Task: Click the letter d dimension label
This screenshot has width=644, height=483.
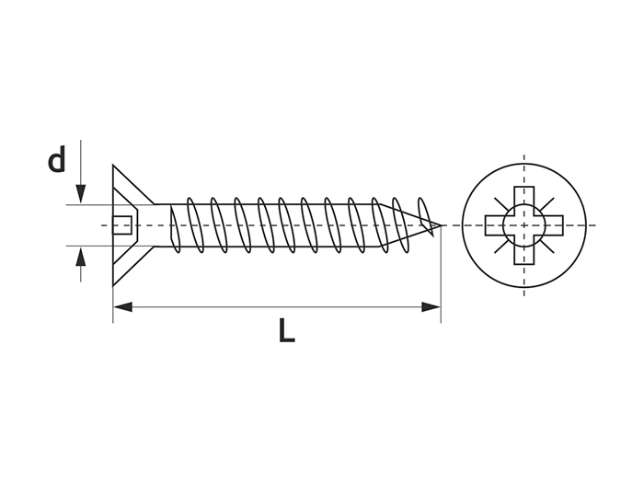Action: [x=57, y=159]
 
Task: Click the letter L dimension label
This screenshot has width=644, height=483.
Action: [x=287, y=329]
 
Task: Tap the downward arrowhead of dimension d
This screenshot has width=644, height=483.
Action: [x=81, y=193]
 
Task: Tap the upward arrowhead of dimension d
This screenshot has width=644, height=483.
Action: [x=81, y=257]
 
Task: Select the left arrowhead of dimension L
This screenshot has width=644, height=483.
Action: [x=122, y=306]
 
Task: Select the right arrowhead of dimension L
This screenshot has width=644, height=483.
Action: [x=431, y=306]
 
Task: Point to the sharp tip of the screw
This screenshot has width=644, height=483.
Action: [x=441, y=225]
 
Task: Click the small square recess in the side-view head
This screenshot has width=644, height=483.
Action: [x=122, y=225]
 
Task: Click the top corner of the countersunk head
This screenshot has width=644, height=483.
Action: [x=113, y=166]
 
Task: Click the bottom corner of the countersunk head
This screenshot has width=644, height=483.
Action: [x=113, y=285]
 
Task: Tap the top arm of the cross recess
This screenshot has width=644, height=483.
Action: [x=524, y=197]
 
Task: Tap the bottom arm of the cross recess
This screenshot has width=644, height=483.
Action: [x=524, y=254]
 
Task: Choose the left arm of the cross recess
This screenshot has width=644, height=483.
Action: [x=495, y=225]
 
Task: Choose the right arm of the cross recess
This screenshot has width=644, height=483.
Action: [x=553, y=225]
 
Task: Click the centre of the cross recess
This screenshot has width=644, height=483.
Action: [x=524, y=225]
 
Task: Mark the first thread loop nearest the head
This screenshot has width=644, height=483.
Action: [x=175, y=228]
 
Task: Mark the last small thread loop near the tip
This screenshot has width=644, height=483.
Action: [x=425, y=216]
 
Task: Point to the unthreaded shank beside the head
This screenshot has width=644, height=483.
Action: [x=163, y=225]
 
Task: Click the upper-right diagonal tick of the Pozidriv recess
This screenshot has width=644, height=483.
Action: [x=548, y=203]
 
